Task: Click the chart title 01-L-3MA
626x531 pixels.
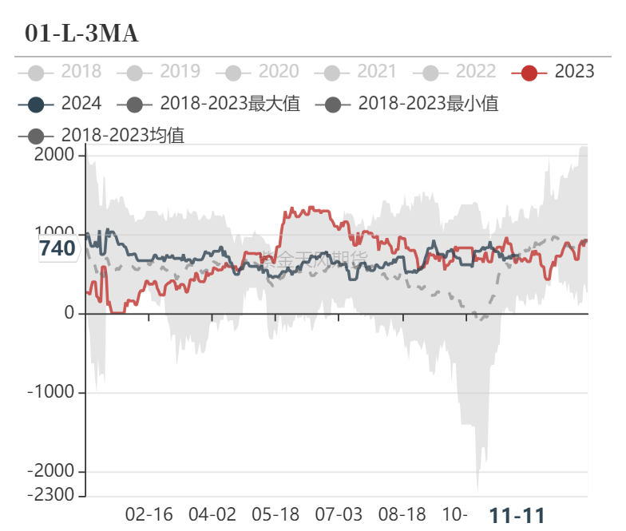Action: [x=81, y=33]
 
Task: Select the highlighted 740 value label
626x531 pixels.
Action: [x=57, y=248]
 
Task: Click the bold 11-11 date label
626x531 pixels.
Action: [x=517, y=515]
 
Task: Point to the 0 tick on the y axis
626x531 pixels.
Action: [x=70, y=314]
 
